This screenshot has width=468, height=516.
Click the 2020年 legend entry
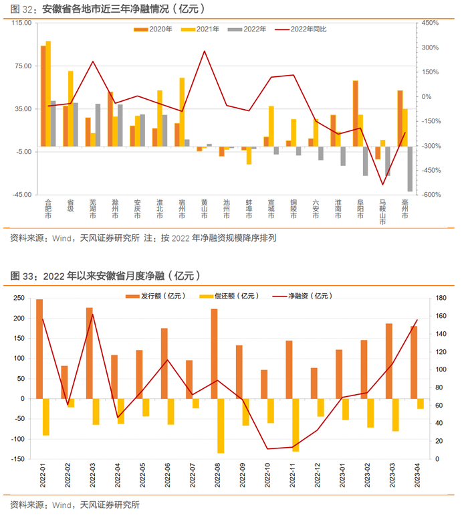point(154,29)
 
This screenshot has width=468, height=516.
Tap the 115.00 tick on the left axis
point(23,23)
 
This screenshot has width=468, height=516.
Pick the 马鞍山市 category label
point(382,212)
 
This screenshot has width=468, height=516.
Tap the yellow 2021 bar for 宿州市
point(182,112)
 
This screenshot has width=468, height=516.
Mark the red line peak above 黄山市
point(204,51)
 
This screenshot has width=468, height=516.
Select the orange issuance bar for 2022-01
point(39,349)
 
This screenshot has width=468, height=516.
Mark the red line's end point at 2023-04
point(417,320)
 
